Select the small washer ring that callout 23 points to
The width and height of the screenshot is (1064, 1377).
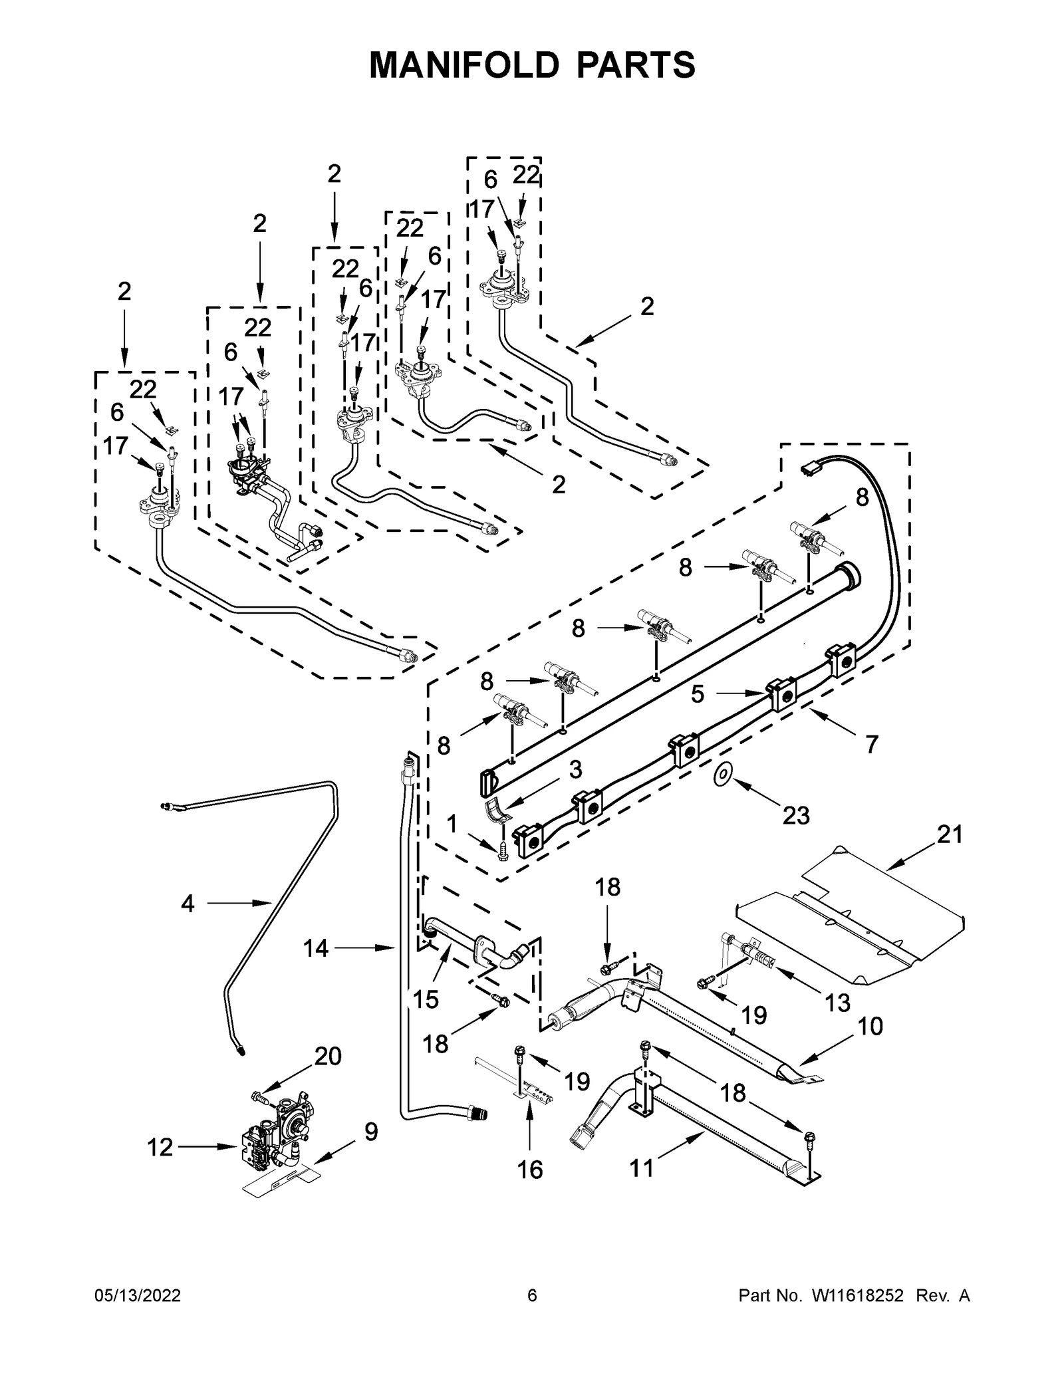pyautogui.click(x=722, y=773)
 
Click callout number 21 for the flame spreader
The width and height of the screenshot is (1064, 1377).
pyautogui.click(x=949, y=834)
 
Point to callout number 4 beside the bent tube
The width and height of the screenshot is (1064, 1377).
pyautogui.click(x=188, y=903)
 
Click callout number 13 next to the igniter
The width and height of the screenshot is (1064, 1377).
pyautogui.click(x=837, y=1003)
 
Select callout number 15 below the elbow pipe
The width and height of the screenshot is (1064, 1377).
pyautogui.click(x=426, y=999)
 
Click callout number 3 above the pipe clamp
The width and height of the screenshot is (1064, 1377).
pyautogui.click(x=575, y=769)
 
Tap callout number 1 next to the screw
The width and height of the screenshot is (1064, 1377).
pyautogui.click(x=452, y=824)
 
